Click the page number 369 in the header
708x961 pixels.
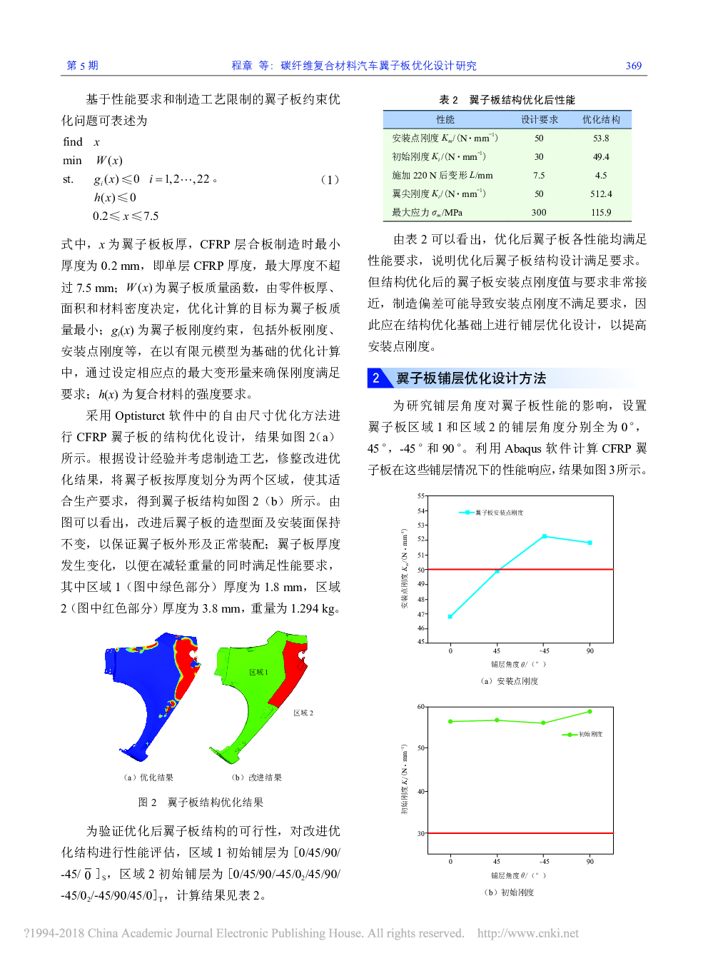pos(633,66)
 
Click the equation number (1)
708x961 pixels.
pos(329,179)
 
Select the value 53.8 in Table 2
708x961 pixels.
pos(601,139)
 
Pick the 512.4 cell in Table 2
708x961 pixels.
pos(601,194)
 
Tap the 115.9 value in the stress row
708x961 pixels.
pos(601,213)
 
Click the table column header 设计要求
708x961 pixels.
pos(539,120)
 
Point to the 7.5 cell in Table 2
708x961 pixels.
pos(539,176)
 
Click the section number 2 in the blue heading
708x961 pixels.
pos(376,378)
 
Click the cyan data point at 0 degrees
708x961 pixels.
pos(450,616)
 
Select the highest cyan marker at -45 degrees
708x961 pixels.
pos(545,536)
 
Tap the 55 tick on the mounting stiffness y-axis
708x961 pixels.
pos(421,495)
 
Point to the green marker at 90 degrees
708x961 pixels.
pos(590,712)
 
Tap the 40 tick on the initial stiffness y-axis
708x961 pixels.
pos(421,792)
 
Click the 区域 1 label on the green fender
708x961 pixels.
pos(258,673)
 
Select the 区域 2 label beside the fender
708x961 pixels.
pos(303,713)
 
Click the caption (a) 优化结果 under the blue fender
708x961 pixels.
pos(148,778)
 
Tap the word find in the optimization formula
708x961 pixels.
pos(73,142)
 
